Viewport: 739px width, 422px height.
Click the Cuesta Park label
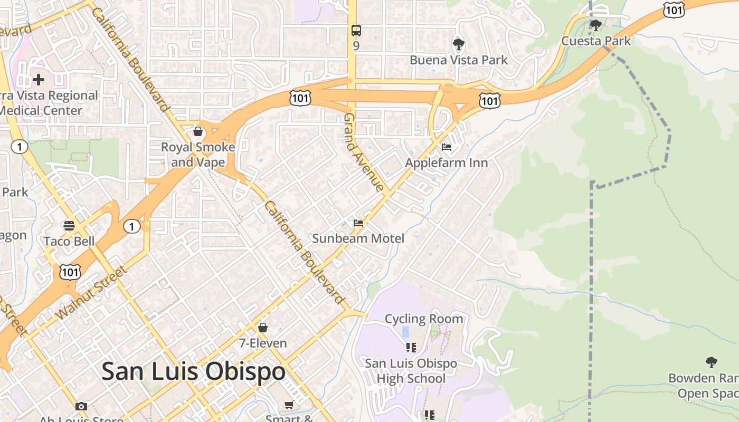point(596,41)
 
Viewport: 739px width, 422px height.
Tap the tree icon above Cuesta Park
point(596,25)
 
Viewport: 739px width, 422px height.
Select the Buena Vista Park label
point(459,60)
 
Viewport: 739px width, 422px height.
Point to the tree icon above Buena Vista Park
point(458,44)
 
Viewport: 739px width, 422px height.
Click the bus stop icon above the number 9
point(356,31)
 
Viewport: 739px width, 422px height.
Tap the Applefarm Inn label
point(447,162)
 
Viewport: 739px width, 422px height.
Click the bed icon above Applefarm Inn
point(447,147)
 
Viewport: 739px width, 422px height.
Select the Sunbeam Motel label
point(358,238)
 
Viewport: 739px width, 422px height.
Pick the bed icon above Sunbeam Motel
point(358,223)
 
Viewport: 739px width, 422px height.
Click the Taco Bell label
point(69,241)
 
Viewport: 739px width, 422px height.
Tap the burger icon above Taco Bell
point(69,226)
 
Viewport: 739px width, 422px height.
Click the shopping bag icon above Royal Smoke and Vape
point(198,131)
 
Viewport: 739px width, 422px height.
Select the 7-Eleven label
point(263,343)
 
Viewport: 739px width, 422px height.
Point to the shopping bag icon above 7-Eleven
point(262,328)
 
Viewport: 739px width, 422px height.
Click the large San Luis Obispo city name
point(193,371)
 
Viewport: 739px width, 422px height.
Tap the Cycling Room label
point(424,319)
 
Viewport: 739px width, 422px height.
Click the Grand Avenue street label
point(364,152)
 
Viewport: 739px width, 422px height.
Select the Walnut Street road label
point(91,293)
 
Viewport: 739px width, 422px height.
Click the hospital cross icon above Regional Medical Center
point(38,80)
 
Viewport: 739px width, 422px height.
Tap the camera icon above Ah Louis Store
point(81,406)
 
